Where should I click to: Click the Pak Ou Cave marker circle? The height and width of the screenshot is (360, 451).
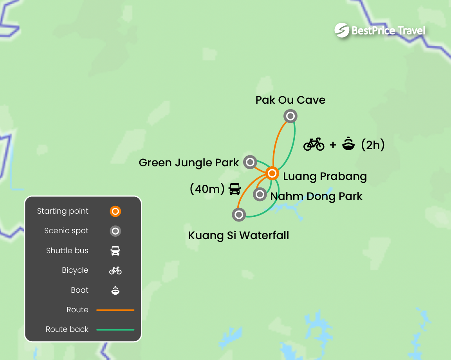point(290,116)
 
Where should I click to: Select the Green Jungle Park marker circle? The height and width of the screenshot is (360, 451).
point(250,162)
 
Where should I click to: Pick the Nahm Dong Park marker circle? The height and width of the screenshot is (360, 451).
point(260,194)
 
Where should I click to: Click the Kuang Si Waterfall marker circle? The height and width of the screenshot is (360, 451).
point(239,214)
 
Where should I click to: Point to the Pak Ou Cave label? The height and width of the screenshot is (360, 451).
point(290,100)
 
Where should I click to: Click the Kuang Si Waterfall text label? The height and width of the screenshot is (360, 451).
point(238,236)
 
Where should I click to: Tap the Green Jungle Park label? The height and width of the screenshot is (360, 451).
point(189,163)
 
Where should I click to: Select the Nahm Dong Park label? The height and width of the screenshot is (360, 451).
point(316,196)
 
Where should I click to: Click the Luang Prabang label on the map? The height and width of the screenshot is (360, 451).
point(325,176)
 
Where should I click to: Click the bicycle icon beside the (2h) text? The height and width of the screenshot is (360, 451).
point(314,144)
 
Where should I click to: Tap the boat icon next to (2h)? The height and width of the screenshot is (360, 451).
point(348,144)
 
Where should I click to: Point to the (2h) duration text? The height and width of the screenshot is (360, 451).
point(373,145)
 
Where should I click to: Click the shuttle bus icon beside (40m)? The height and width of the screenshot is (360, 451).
point(235,189)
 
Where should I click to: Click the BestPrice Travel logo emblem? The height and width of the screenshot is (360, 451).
point(342,30)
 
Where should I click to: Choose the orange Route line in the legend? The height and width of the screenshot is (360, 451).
point(115,310)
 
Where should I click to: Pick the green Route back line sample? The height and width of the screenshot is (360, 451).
point(115,329)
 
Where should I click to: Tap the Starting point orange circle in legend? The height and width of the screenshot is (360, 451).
point(115,212)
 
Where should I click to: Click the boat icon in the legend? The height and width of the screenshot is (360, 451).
point(115,290)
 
